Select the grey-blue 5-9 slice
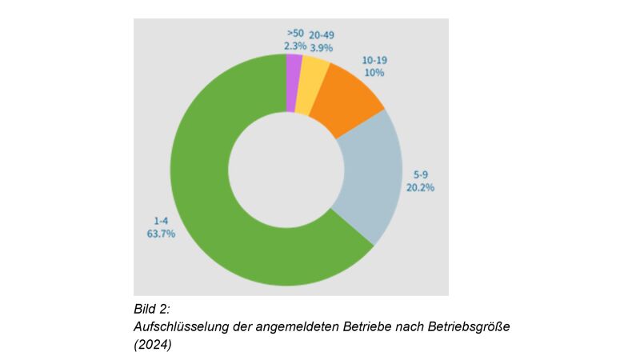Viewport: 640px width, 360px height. coord(369,176)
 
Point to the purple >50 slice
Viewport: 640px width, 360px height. coord(294,70)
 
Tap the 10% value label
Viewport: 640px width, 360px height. coord(374,73)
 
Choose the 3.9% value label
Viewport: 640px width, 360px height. coord(322,47)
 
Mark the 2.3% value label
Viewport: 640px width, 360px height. coord(295,47)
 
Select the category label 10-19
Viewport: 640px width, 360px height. coord(374,61)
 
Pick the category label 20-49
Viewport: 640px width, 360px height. coord(322,35)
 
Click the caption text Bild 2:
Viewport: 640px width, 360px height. coord(152,309)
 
